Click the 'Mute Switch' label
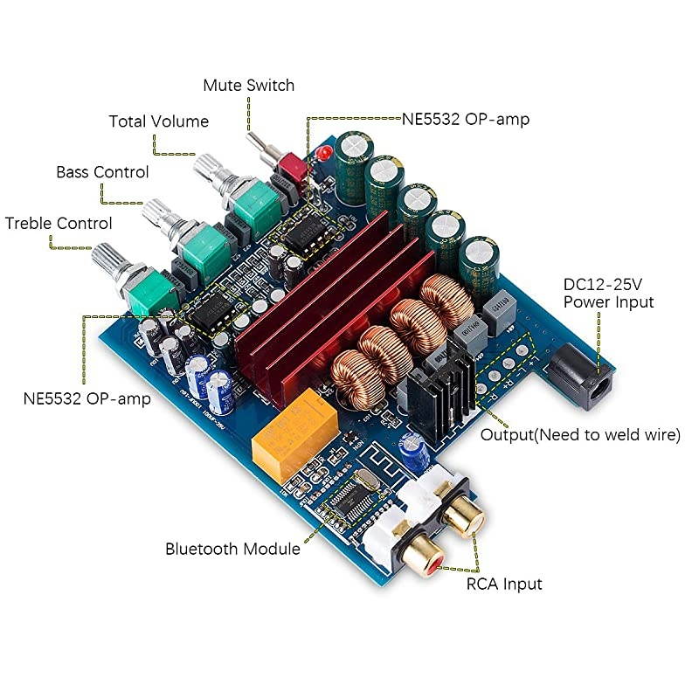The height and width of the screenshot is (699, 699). click(248, 86)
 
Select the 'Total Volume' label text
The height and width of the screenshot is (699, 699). click(158, 121)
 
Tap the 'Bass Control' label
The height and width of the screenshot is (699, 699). click(102, 172)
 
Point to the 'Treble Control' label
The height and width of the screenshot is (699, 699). click(59, 223)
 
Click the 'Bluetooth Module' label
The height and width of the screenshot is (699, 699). click(232, 549)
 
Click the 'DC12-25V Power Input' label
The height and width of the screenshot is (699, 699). click(608, 293)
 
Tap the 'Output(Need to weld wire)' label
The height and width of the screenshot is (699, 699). click(581, 434)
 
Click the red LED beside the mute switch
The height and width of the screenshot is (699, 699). click(321, 156)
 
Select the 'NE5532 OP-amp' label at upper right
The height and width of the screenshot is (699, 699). click(465, 119)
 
